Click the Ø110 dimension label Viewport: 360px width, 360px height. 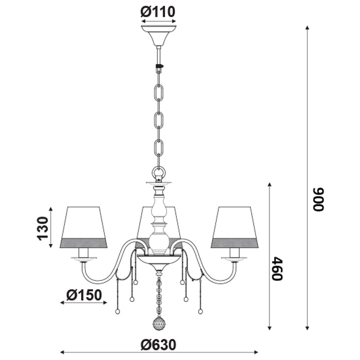tap(158, 12)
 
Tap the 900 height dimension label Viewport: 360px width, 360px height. tap(319, 199)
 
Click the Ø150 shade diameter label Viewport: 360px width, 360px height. tap(84, 295)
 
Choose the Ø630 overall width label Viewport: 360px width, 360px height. tap(158, 345)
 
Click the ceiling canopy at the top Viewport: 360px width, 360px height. tap(159, 35)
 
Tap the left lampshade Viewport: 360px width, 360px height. tap(84, 227)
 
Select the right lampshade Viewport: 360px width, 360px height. tap(234, 227)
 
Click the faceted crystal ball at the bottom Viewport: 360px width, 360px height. tap(159, 323)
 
